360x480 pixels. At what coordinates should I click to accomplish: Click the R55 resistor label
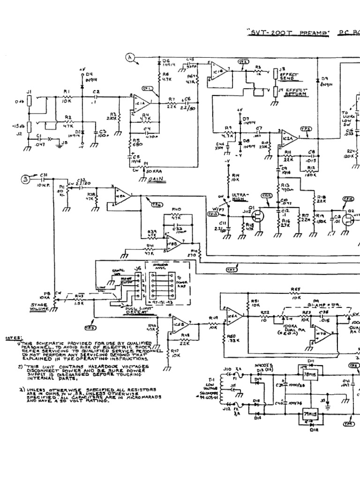(295, 290)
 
